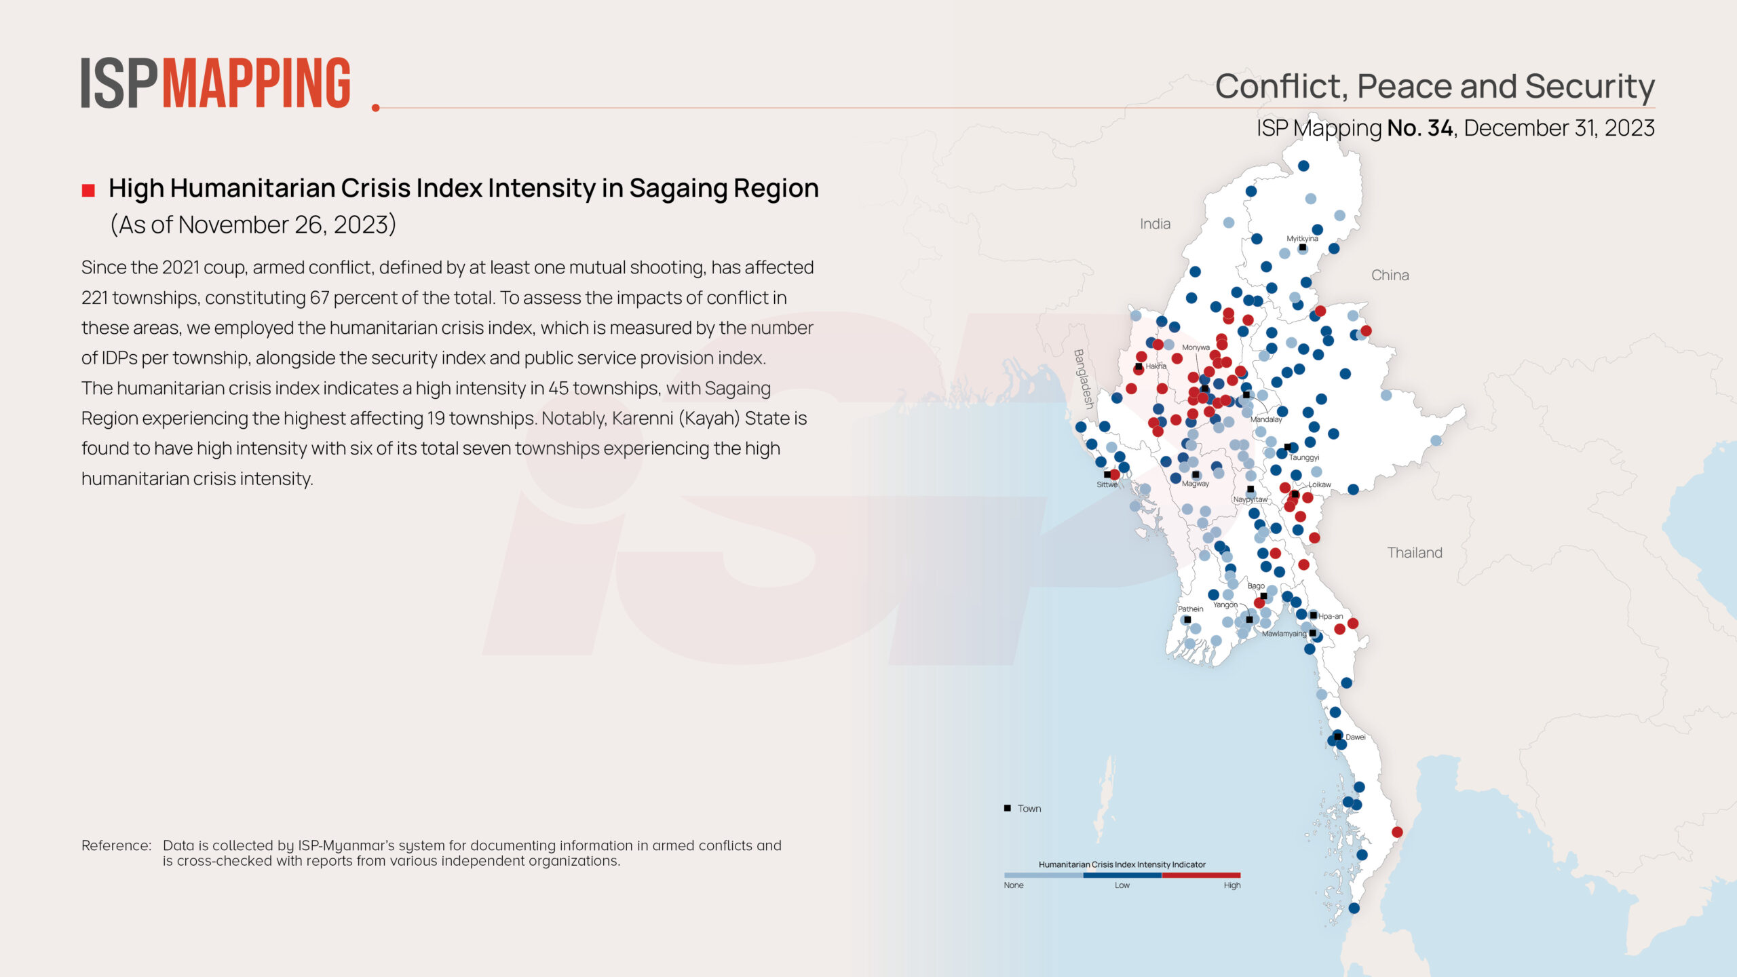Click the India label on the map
1155,224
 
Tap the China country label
1390,275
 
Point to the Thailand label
1414,552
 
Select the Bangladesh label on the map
1084,379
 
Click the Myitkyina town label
1302,239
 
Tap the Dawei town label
1355,737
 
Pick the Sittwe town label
1107,484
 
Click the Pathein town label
1190,609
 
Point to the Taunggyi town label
1303,457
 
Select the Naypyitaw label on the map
1250,499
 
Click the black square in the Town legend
1008,808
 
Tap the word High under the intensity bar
1232,885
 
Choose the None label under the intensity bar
1014,885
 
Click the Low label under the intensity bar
1122,885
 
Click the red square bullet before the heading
88,191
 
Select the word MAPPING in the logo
256,83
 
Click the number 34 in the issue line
1440,128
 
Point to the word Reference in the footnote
115,845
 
